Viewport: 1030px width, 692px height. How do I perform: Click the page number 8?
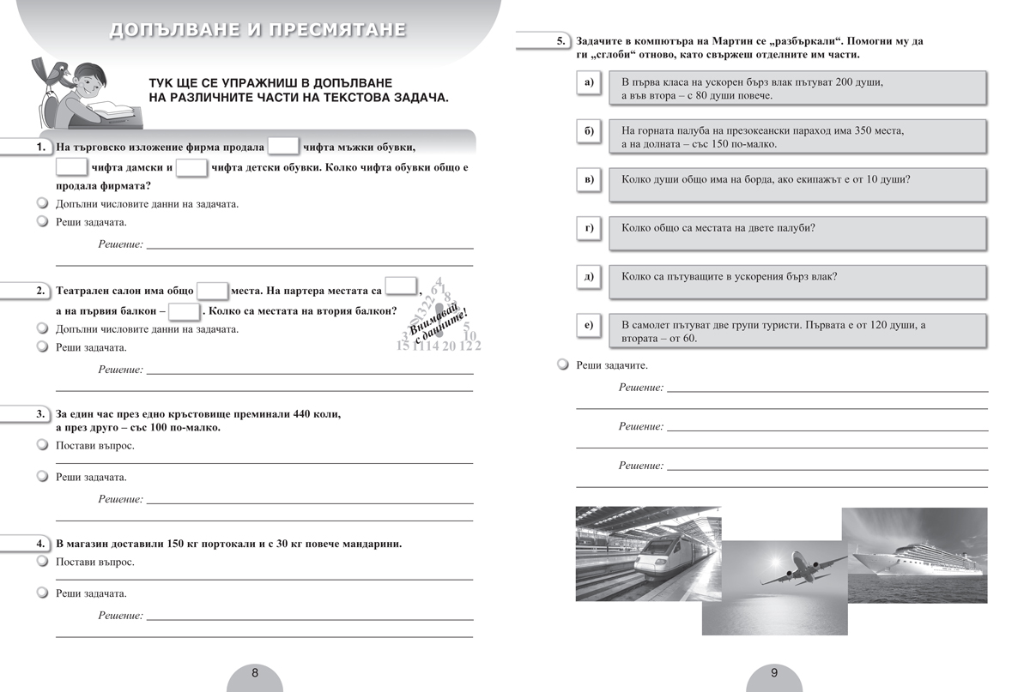pos(254,673)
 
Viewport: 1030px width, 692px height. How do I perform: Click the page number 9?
pos(773,673)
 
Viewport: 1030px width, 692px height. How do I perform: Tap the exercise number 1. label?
pos(41,147)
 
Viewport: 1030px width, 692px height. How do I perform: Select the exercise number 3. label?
pos(41,414)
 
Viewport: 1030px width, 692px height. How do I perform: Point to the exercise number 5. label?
pos(560,41)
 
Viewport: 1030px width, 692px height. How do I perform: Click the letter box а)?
pos(588,82)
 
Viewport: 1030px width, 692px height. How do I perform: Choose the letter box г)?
pos(588,228)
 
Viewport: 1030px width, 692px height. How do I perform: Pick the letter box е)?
pos(588,325)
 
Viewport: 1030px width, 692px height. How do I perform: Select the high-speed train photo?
pos(648,553)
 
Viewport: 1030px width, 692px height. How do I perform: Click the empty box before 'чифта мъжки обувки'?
pos(283,147)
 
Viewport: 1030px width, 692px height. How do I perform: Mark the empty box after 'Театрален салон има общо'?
pos(212,291)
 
